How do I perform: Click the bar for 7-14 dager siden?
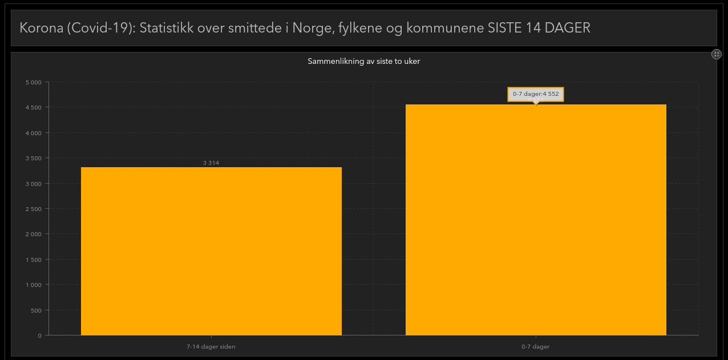pyautogui.click(x=211, y=251)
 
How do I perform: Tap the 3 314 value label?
pyautogui.click(x=211, y=163)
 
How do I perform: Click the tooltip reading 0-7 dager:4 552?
pyautogui.click(x=536, y=94)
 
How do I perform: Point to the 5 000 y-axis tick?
pyautogui.click(x=34, y=82)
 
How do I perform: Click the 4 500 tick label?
pyautogui.click(x=34, y=107)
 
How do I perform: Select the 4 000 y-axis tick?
pyautogui.click(x=34, y=133)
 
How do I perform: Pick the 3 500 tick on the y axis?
pyautogui.click(x=34, y=158)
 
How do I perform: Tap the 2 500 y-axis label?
pyautogui.click(x=34, y=209)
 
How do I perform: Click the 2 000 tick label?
pyautogui.click(x=34, y=234)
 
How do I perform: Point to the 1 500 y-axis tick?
pyautogui.click(x=34, y=260)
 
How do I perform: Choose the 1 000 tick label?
pyautogui.click(x=34, y=285)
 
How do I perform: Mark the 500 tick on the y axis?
pyautogui.click(x=36, y=310)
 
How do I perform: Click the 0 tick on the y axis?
pyautogui.click(x=40, y=335)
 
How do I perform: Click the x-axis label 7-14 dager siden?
pyautogui.click(x=211, y=347)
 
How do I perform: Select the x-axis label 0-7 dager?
pyautogui.click(x=536, y=347)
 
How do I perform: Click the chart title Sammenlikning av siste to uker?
pyautogui.click(x=364, y=61)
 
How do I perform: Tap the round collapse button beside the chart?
pyautogui.click(x=717, y=54)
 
